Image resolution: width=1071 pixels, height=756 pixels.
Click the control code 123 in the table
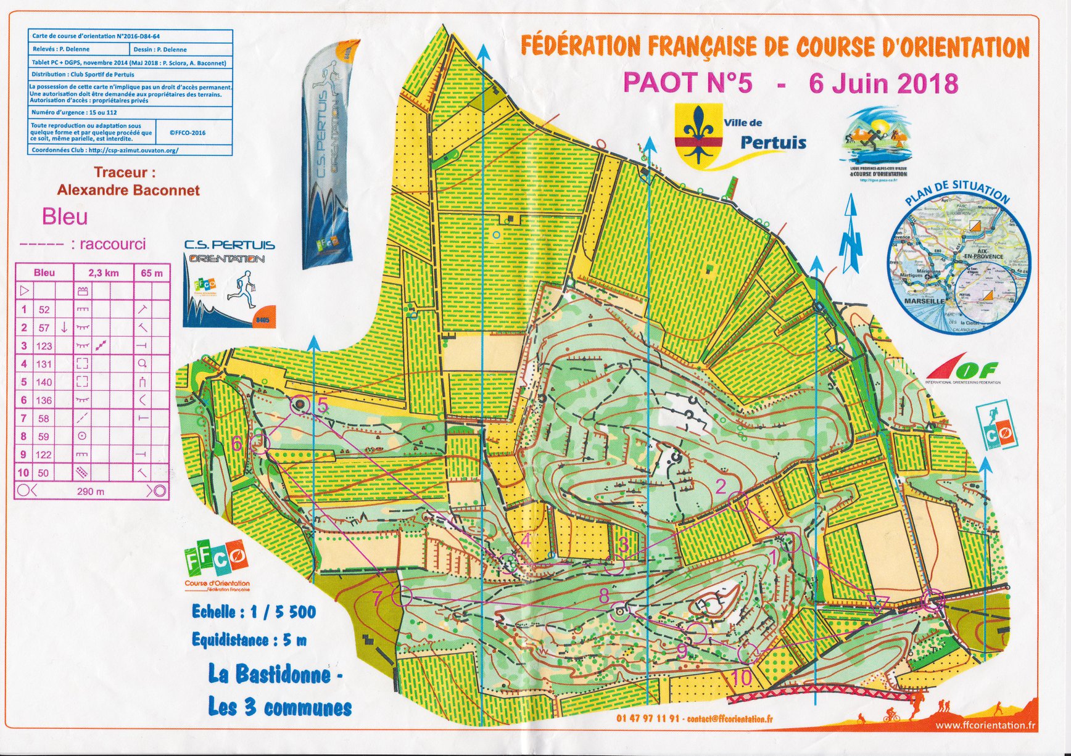click(44, 346)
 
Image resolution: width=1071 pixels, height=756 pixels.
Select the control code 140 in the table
click(44, 382)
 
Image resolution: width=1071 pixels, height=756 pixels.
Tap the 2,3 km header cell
click(104, 273)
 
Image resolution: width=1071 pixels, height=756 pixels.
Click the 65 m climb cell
click(152, 273)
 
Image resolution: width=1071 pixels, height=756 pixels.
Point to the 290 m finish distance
click(91, 491)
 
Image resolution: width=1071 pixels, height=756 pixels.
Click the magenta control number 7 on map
click(378, 598)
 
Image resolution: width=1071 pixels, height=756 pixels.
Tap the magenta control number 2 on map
click(721, 487)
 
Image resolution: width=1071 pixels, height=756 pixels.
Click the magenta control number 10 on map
click(742, 678)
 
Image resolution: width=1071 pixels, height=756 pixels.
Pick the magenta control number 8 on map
click(604, 595)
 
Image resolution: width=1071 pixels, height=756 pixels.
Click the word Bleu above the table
click(65, 217)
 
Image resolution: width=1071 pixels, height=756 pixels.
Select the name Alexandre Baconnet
click(128, 191)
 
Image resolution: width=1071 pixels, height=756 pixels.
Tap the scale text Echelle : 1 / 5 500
click(254, 612)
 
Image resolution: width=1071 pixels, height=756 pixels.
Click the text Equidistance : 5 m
click(249, 640)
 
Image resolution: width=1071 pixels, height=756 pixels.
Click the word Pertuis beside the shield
click(773, 143)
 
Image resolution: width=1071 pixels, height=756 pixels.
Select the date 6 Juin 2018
click(883, 83)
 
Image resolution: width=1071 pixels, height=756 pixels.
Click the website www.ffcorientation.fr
click(985, 725)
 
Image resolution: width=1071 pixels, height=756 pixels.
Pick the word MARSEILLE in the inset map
click(924, 301)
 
